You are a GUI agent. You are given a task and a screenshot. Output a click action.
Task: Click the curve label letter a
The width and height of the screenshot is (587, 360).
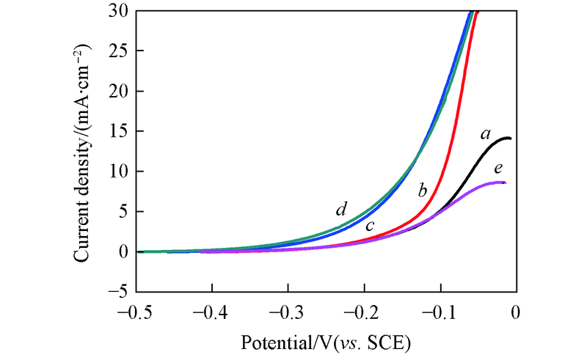pyautogui.click(x=485, y=134)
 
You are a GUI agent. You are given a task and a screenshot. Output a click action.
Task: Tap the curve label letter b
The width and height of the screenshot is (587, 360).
pyautogui.click(x=422, y=191)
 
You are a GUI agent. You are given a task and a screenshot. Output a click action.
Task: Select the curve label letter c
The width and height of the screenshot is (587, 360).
pyautogui.click(x=371, y=226)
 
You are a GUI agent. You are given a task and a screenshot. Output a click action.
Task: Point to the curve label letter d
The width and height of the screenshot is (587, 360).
pyautogui.click(x=341, y=210)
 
